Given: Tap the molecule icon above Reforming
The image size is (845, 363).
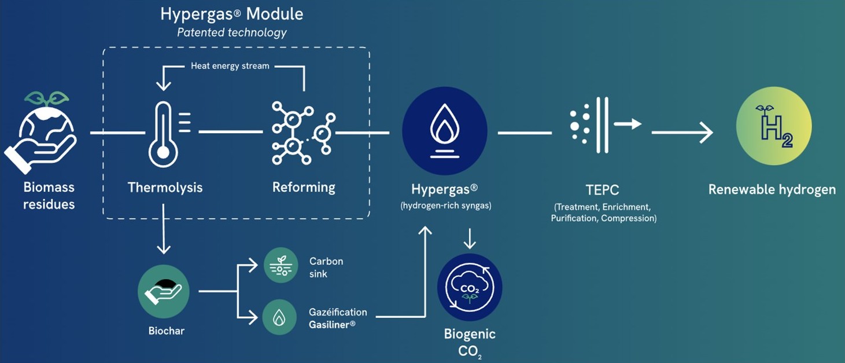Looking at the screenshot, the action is point(304,133).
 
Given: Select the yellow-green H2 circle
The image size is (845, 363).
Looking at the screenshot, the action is point(774,126).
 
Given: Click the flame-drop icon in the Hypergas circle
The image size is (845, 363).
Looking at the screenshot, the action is point(445,130).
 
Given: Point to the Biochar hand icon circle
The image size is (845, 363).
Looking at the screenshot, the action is point(163,291).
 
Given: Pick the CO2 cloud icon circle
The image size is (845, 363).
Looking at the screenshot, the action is point(470,288).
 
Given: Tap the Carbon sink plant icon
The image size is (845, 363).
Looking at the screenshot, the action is point(281,265).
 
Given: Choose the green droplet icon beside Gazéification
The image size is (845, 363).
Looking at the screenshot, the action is point(279,317).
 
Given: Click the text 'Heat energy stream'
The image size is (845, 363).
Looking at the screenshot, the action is point(230,66).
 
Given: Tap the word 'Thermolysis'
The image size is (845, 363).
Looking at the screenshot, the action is point(165,188).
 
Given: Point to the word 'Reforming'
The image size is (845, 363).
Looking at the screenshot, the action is point(304,188).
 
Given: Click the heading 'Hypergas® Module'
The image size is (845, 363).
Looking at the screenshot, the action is point(231,14).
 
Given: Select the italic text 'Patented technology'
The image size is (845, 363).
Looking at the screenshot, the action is point(232,32).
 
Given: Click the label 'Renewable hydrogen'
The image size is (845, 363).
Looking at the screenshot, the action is point(772,189).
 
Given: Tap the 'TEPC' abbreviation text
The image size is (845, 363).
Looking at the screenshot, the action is point(602,190).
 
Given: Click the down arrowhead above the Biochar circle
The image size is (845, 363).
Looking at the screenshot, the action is point(163,248).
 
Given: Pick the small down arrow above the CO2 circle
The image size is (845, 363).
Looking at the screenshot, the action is point(469,239).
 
